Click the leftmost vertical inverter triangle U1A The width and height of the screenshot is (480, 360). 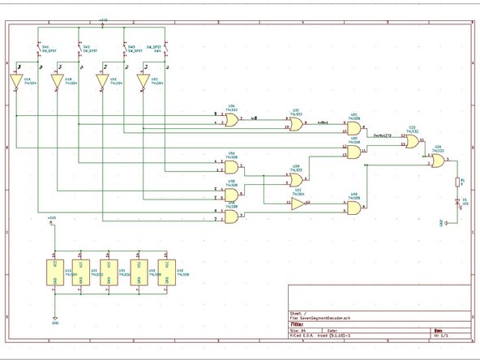pyautogui.click(x=15, y=81)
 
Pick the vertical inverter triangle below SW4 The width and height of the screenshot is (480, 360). pyautogui.click(x=144, y=81)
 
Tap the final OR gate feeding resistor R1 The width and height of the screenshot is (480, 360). pyautogui.click(x=437, y=161)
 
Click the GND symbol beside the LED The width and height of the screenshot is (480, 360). pyautogui.click(x=442, y=221)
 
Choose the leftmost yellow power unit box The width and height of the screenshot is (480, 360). pyautogui.click(x=56, y=272)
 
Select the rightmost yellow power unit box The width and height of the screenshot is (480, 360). pyautogui.click(x=166, y=272)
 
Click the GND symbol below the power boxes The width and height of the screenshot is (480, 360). pyautogui.click(x=54, y=319)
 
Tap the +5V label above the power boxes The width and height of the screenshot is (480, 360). pyautogui.click(x=52, y=219)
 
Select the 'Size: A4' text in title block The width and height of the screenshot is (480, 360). pyautogui.click(x=299, y=331)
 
